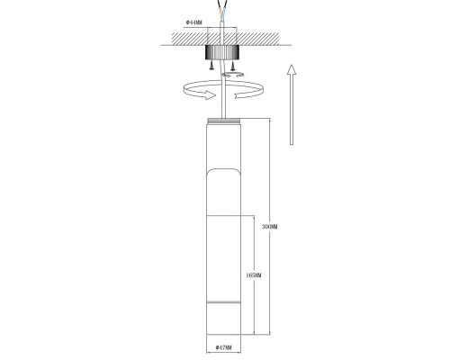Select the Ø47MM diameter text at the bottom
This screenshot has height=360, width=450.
coord(224,346)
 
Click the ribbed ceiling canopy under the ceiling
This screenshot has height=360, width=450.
coord(224,50)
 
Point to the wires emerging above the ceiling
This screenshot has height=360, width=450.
coord(224,11)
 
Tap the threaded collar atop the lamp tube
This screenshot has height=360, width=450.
coord(224,121)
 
